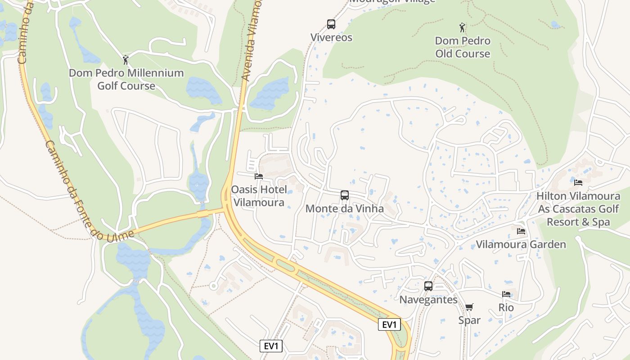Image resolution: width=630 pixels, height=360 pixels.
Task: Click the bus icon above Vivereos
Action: (331, 24)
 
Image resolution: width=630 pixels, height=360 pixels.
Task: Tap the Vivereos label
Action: (331, 37)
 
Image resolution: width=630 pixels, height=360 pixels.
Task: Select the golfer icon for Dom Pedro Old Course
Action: (462, 28)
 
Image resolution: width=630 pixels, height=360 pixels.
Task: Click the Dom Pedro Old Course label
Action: (463, 47)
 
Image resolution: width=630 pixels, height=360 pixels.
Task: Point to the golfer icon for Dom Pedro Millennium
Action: (126, 60)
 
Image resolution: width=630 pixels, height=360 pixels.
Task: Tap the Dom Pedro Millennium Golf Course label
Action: (126, 79)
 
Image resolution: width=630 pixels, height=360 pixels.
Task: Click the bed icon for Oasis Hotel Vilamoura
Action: (258, 176)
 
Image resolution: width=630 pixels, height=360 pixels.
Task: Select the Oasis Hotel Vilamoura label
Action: (258, 196)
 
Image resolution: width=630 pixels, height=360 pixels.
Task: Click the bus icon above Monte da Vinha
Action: (345, 195)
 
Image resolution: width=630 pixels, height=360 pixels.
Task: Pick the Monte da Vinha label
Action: (345, 209)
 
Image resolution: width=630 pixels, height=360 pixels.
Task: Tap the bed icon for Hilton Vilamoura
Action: (578, 183)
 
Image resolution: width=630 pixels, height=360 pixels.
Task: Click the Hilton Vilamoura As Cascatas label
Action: (578, 209)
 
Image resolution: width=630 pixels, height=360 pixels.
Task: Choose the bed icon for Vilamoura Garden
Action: (521, 231)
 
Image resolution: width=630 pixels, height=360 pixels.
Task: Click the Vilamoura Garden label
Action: (521, 245)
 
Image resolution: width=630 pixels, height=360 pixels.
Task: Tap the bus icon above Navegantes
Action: (428, 286)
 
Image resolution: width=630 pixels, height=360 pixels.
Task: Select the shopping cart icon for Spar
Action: (469, 307)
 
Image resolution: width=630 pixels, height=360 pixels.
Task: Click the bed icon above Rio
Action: (506, 294)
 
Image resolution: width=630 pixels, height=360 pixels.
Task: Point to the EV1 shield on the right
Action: (389, 325)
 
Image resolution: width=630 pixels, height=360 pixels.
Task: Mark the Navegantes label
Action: (428, 300)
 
